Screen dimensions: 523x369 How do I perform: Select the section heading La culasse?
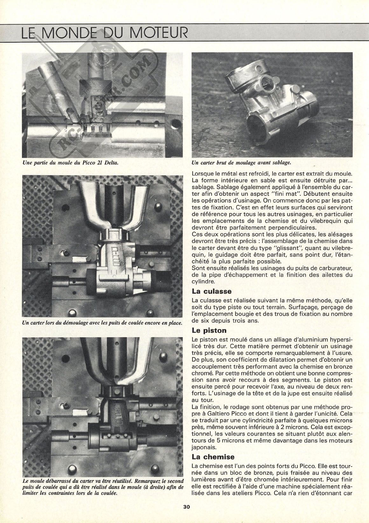coord(212,291)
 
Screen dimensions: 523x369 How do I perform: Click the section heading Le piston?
coord(209,331)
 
